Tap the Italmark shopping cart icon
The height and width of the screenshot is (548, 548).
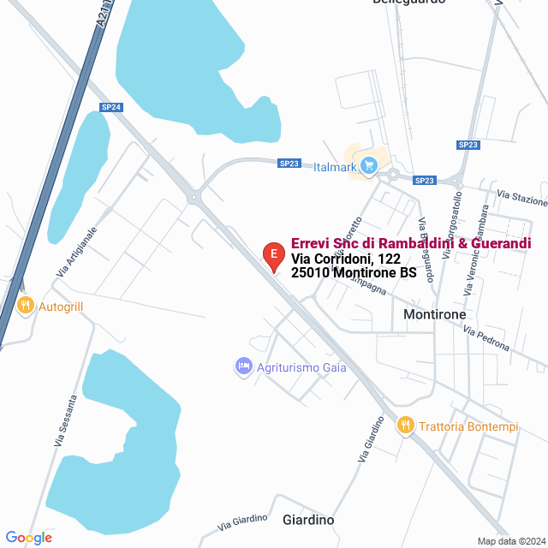[x=369, y=164]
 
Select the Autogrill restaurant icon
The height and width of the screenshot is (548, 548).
[x=26, y=305]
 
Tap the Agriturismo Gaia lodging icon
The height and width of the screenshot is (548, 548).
[x=243, y=366]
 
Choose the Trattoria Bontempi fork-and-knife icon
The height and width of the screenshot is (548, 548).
[x=406, y=425]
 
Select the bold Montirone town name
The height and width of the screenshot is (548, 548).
[x=434, y=315]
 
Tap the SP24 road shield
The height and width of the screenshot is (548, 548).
[x=111, y=107]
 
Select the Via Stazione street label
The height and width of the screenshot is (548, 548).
[x=521, y=199]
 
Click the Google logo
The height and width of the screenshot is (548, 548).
[x=28, y=538]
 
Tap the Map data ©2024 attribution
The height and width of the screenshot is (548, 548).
[x=509, y=541]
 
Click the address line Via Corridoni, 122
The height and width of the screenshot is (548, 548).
[x=346, y=259]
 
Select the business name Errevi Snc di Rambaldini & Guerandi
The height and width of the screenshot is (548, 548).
[x=411, y=243]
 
